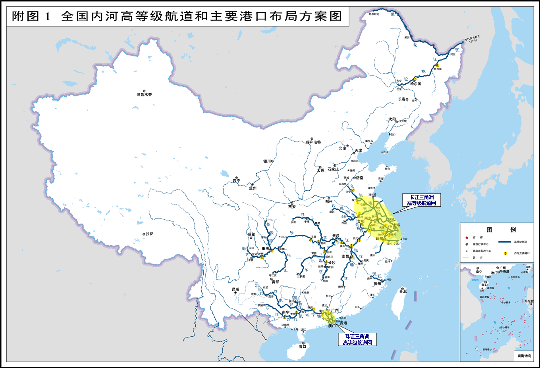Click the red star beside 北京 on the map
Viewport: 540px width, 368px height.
click(x=347, y=146)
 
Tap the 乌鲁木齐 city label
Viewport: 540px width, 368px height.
click(x=144, y=95)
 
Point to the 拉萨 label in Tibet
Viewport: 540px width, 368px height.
click(x=149, y=234)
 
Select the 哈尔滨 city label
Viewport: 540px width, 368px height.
click(x=416, y=84)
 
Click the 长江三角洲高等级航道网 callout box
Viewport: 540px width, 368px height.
click(x=421, y=200)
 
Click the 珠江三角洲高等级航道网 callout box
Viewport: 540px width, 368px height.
click(x=357, y=339)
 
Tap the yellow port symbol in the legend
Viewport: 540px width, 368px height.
click(x=505, y=253)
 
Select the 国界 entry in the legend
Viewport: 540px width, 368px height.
click(x=480, y=258)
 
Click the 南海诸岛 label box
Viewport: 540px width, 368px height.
click(x=524, y=356)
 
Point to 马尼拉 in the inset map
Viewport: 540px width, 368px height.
click(x=528, y=301)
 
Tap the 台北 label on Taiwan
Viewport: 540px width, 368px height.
click(x=403, y=291)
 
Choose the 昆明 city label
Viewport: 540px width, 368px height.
click(x=235, y=290)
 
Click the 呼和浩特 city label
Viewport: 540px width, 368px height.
click(x=313, y=142)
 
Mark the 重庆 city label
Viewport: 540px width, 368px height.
click(x=265, y=249)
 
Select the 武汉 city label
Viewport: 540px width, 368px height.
click(x=336, y=236)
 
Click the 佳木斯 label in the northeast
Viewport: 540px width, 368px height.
click(x=438, y=69)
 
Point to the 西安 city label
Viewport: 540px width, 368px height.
click(x=292, y=207)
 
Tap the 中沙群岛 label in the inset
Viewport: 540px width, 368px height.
click(x=505, y=303)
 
